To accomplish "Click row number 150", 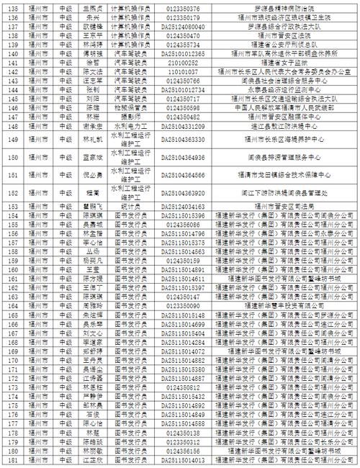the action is tap(11, 156).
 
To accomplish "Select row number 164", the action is tap(11, 215).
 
